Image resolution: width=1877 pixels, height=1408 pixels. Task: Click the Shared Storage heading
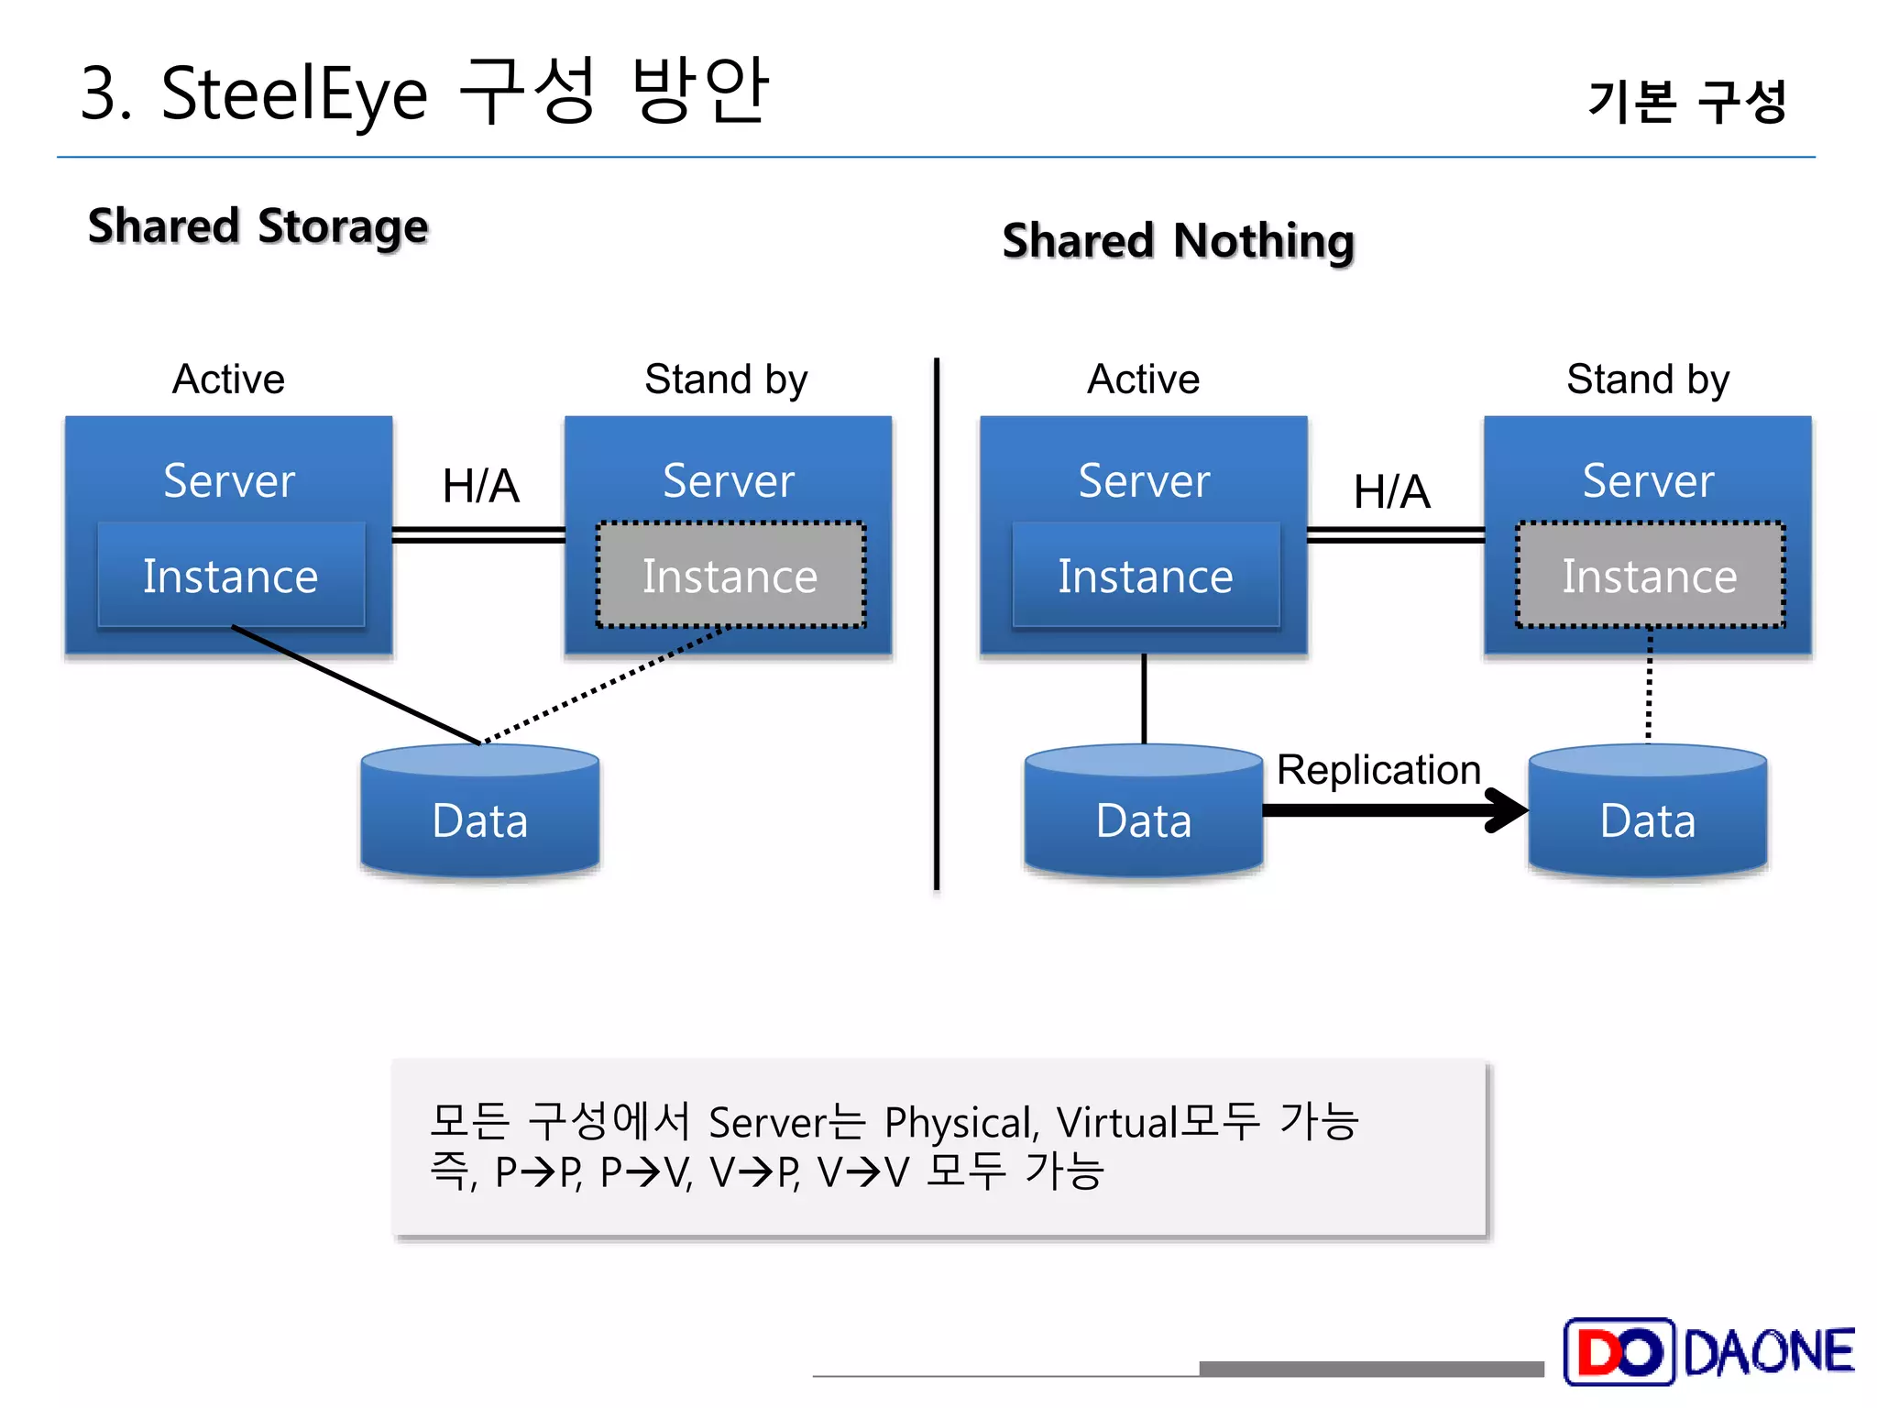click(x=258, y=226)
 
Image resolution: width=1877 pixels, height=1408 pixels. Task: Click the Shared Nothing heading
click(x=1178, y=241)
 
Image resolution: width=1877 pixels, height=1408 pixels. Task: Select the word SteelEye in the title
click(x=293, y=94)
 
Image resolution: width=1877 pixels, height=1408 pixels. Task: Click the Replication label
click(x=1378, y=770)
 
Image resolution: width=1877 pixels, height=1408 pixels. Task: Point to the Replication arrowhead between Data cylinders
click(x=1508, y=809)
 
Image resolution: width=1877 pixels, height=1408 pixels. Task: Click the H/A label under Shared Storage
click(x=480, y=486)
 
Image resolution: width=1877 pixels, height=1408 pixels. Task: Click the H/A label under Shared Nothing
click(x=1391, y=492)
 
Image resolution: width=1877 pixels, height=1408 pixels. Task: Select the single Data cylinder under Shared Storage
click(x=480, y=811)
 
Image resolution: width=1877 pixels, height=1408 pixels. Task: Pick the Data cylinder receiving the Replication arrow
click(x=1647, y=811)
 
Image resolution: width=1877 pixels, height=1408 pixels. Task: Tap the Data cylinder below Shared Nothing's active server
click(x=1143, y=811)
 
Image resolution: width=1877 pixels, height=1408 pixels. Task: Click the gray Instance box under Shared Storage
click(x=730, y=576)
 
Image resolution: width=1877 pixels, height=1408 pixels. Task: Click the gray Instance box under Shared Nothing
click(x=1650, y=576)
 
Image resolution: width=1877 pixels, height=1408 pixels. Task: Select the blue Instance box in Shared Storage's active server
click(x=231, y=576)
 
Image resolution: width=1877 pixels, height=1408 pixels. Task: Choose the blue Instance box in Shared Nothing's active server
click(x=1146, y=576)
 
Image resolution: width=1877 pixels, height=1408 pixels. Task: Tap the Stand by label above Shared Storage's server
click(x=726, y=379)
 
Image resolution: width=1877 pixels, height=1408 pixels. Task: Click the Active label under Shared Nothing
click(x=1143, y=379)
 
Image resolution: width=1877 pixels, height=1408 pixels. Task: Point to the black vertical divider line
click(x=936, y=623)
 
